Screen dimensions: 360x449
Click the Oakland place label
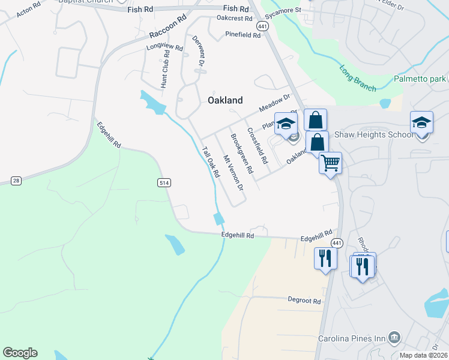tap(225, 100)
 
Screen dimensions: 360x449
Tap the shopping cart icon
tap(330, 162)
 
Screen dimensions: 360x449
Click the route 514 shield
tap(164, 182)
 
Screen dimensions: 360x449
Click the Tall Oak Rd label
tap(210, 162)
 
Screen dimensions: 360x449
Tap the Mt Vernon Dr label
tap(233, 173)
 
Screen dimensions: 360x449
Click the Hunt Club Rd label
tap(164, 69)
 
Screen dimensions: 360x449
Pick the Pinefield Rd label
tap(243, 35)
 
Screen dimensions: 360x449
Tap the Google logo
tap(20, 353)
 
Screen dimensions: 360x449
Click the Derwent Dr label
tap(199, 52)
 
